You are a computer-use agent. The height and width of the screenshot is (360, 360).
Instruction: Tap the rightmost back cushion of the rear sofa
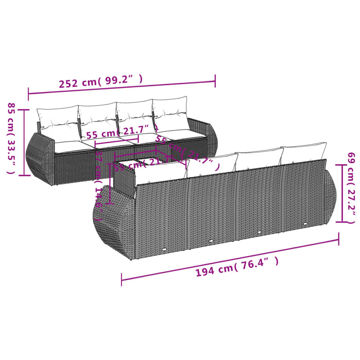pyautogui.click(x=170, y=113)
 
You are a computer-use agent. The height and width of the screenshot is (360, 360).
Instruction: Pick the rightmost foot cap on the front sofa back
pyautogui.click(x=306, y=224)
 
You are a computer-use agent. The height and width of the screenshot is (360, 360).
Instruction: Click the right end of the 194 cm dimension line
pyautogui.click(x=338, y=240)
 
